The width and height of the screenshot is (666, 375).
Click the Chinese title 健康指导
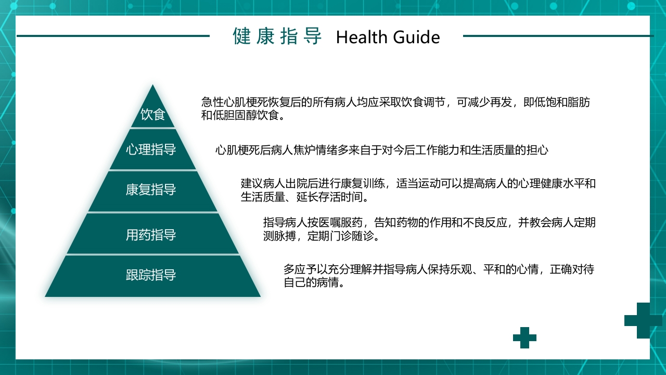coord(277,36)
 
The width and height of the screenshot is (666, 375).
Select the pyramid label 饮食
coord(153,115)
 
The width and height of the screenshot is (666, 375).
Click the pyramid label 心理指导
coord(151,150)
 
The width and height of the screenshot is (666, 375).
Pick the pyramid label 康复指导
coord(151,190)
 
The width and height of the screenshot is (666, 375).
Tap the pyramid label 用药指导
coord(151,235)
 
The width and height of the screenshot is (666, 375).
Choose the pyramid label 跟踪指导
coord(151,275)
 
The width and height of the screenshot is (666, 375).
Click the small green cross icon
coord(524,337)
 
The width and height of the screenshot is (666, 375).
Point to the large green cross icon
coord(643,320)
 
